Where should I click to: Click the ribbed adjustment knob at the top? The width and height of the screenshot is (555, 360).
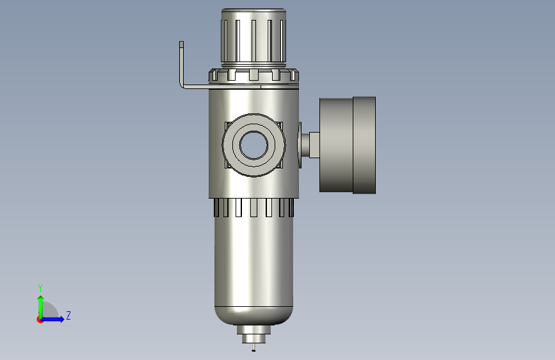click(x=253, y=37)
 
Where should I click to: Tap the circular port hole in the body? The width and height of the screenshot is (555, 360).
click(x=253, y=145)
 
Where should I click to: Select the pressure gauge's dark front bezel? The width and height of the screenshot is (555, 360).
click(x=364, y=145)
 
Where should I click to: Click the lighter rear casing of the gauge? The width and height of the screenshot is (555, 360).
click(x=336, y=145)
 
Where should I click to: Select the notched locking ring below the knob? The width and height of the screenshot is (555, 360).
click(x=253, y=76)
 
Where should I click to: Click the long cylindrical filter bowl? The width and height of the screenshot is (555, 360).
click(x=253, y=262)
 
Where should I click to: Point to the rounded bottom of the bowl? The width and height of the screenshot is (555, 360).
click(x=253, y=316)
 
